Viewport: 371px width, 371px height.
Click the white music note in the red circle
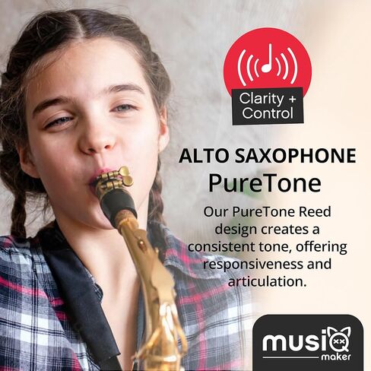(268, 59)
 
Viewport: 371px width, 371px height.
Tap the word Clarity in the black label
(262, 99)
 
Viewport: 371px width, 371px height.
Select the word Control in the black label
(268, 113)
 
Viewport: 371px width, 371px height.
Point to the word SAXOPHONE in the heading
(296, 156)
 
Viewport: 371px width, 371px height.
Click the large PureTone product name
(265, 183)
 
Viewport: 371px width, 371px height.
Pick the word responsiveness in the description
(252, 264)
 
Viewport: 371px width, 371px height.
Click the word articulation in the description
(265, 281)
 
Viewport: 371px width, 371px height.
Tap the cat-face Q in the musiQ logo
(339, 340)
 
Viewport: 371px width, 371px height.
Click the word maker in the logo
(336, 357)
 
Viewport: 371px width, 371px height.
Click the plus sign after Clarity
(292, 99)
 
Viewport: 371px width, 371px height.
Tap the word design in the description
(232, 230)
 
